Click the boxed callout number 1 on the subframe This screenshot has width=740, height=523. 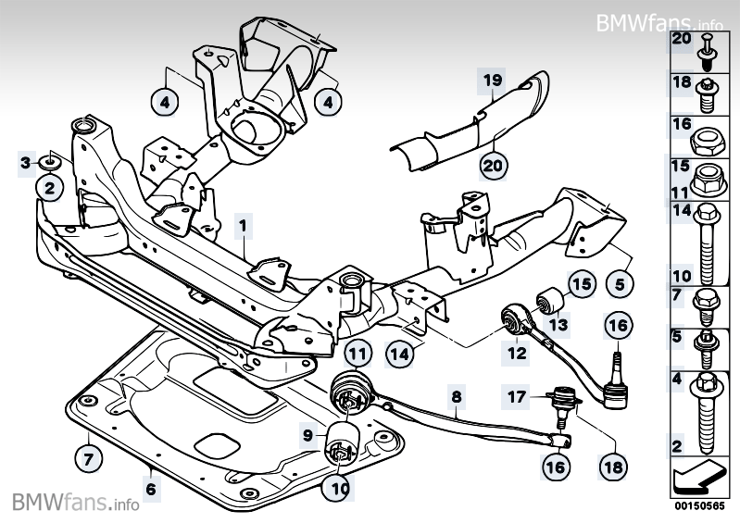(242, 225)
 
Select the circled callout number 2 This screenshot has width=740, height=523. (49, 189)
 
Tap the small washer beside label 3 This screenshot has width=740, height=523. (49, 164)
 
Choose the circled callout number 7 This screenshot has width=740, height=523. (86, 457)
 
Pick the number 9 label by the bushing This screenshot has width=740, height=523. (307, 432)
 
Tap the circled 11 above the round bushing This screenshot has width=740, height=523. (357, 353)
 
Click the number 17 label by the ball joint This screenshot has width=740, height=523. (515, 397)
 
